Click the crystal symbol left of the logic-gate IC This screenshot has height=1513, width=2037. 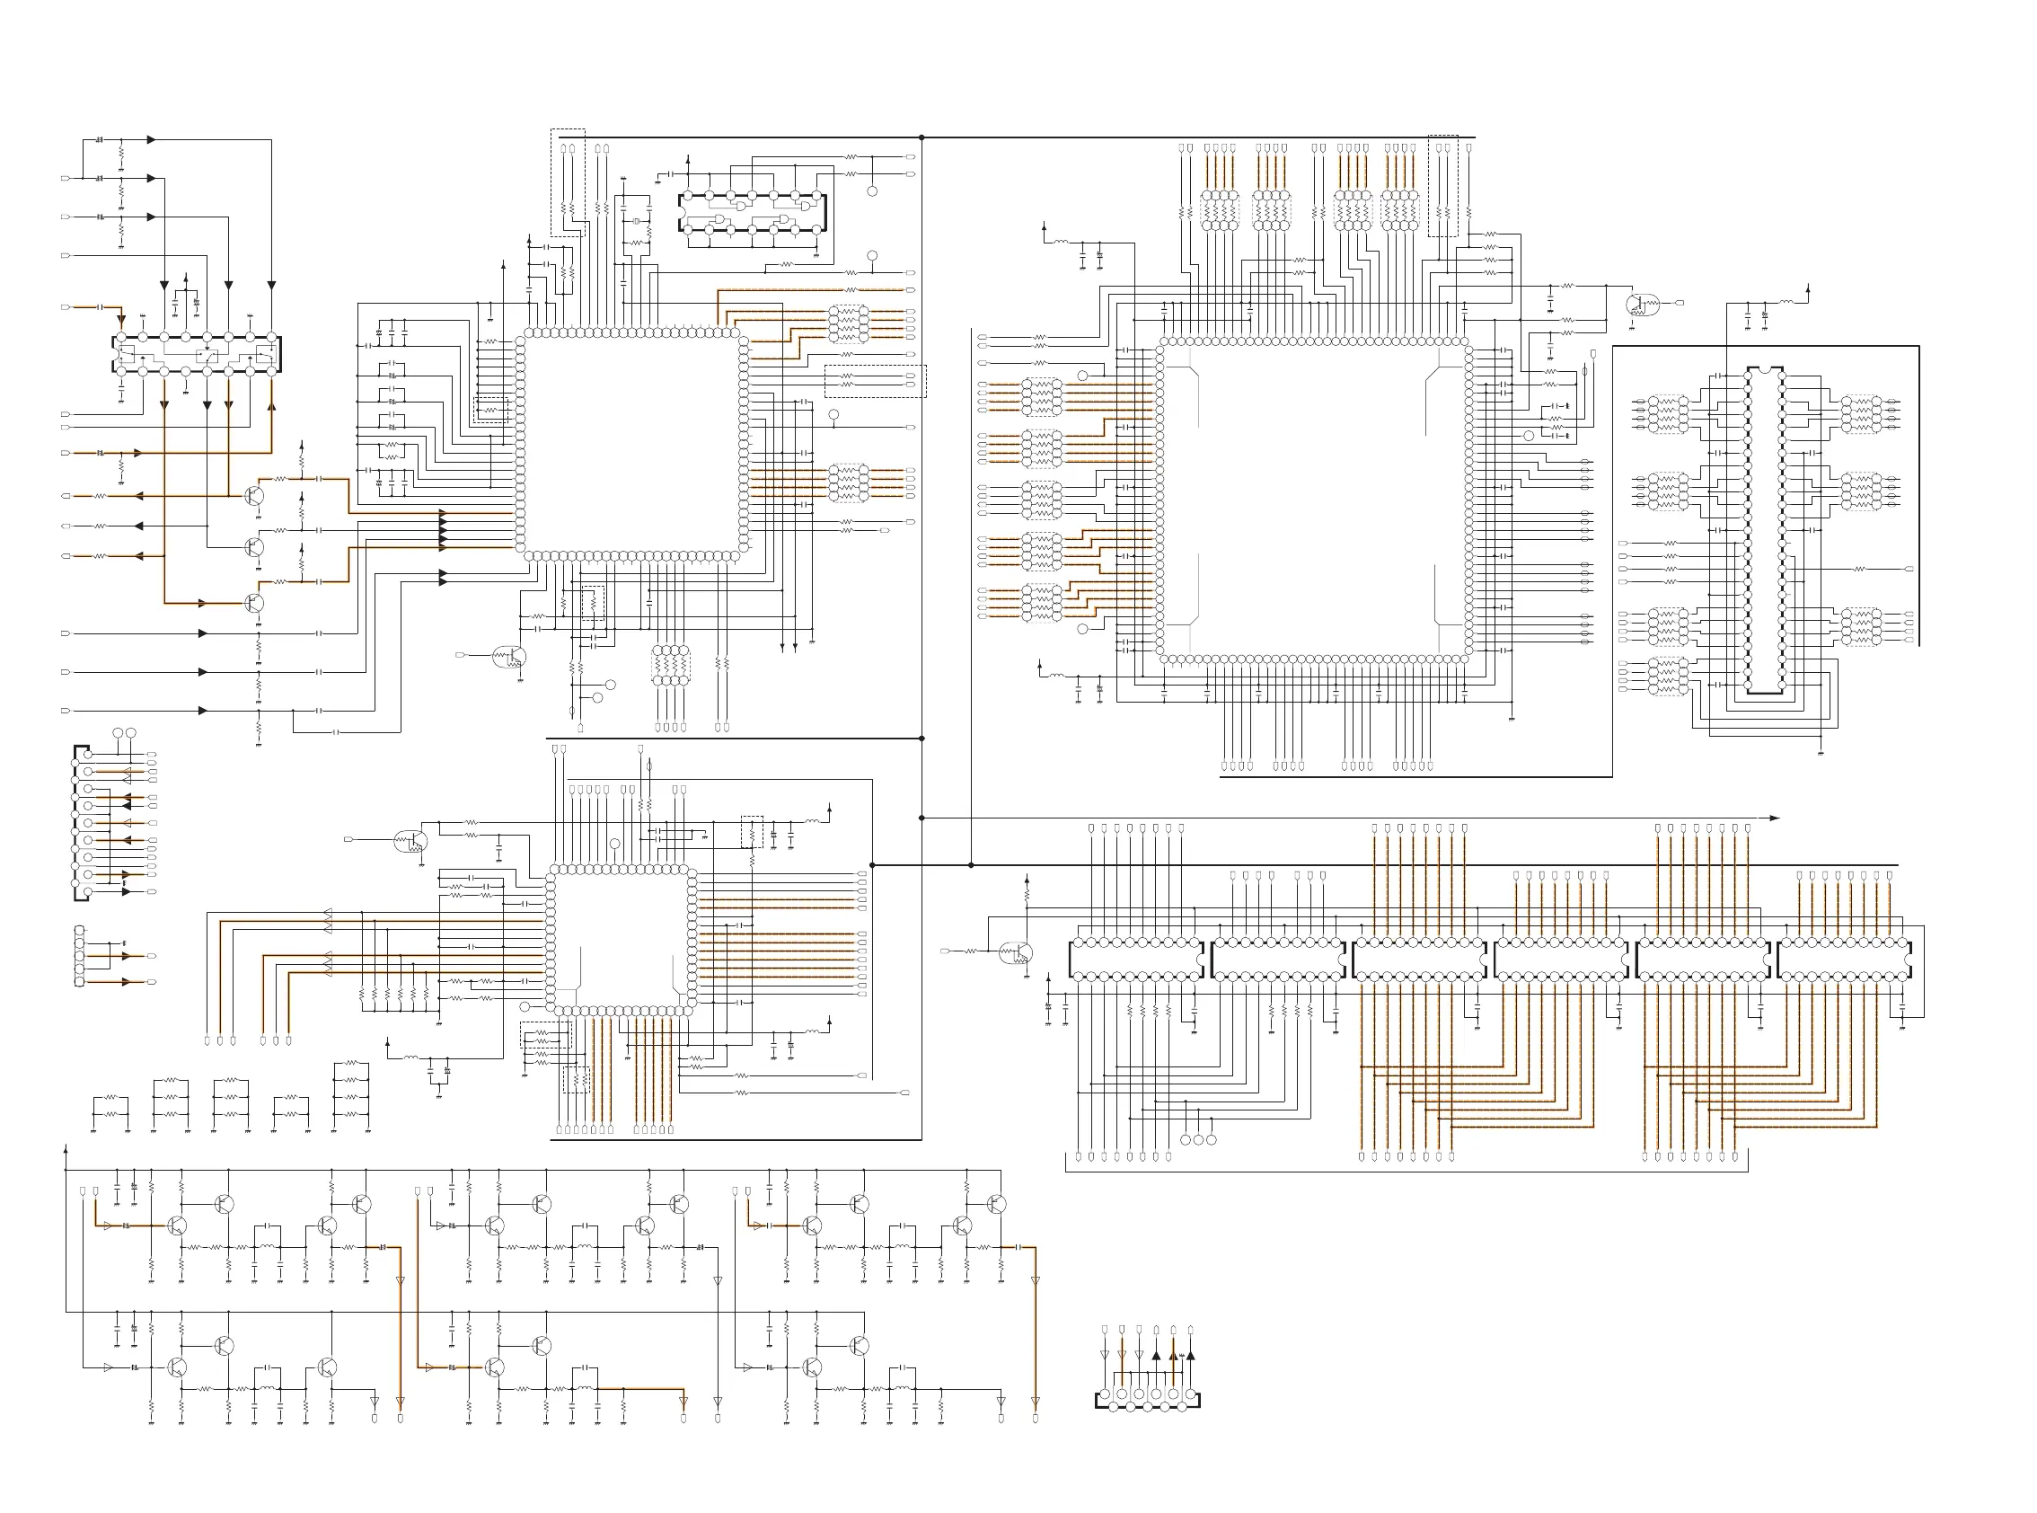point(635,222)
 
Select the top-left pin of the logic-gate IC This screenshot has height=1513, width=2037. point(688,195)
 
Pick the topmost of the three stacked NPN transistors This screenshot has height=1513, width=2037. point(254,495)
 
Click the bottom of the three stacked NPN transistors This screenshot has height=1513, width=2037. point(254,602)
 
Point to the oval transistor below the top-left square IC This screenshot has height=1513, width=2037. point(508,657)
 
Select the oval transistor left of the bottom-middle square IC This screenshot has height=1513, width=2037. point(410,841)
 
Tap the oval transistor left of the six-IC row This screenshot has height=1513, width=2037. point(1015,953)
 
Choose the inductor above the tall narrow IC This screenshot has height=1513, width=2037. point(1786,301)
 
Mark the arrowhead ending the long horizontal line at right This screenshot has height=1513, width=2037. point(1774,818)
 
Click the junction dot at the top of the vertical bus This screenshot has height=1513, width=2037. point(921,138)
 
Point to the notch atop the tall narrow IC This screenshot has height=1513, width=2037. point(1764,370)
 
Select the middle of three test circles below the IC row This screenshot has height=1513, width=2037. point(1199,1139)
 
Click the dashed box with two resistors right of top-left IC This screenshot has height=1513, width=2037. point(875,381)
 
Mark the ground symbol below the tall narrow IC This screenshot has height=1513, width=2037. point(1820,753)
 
